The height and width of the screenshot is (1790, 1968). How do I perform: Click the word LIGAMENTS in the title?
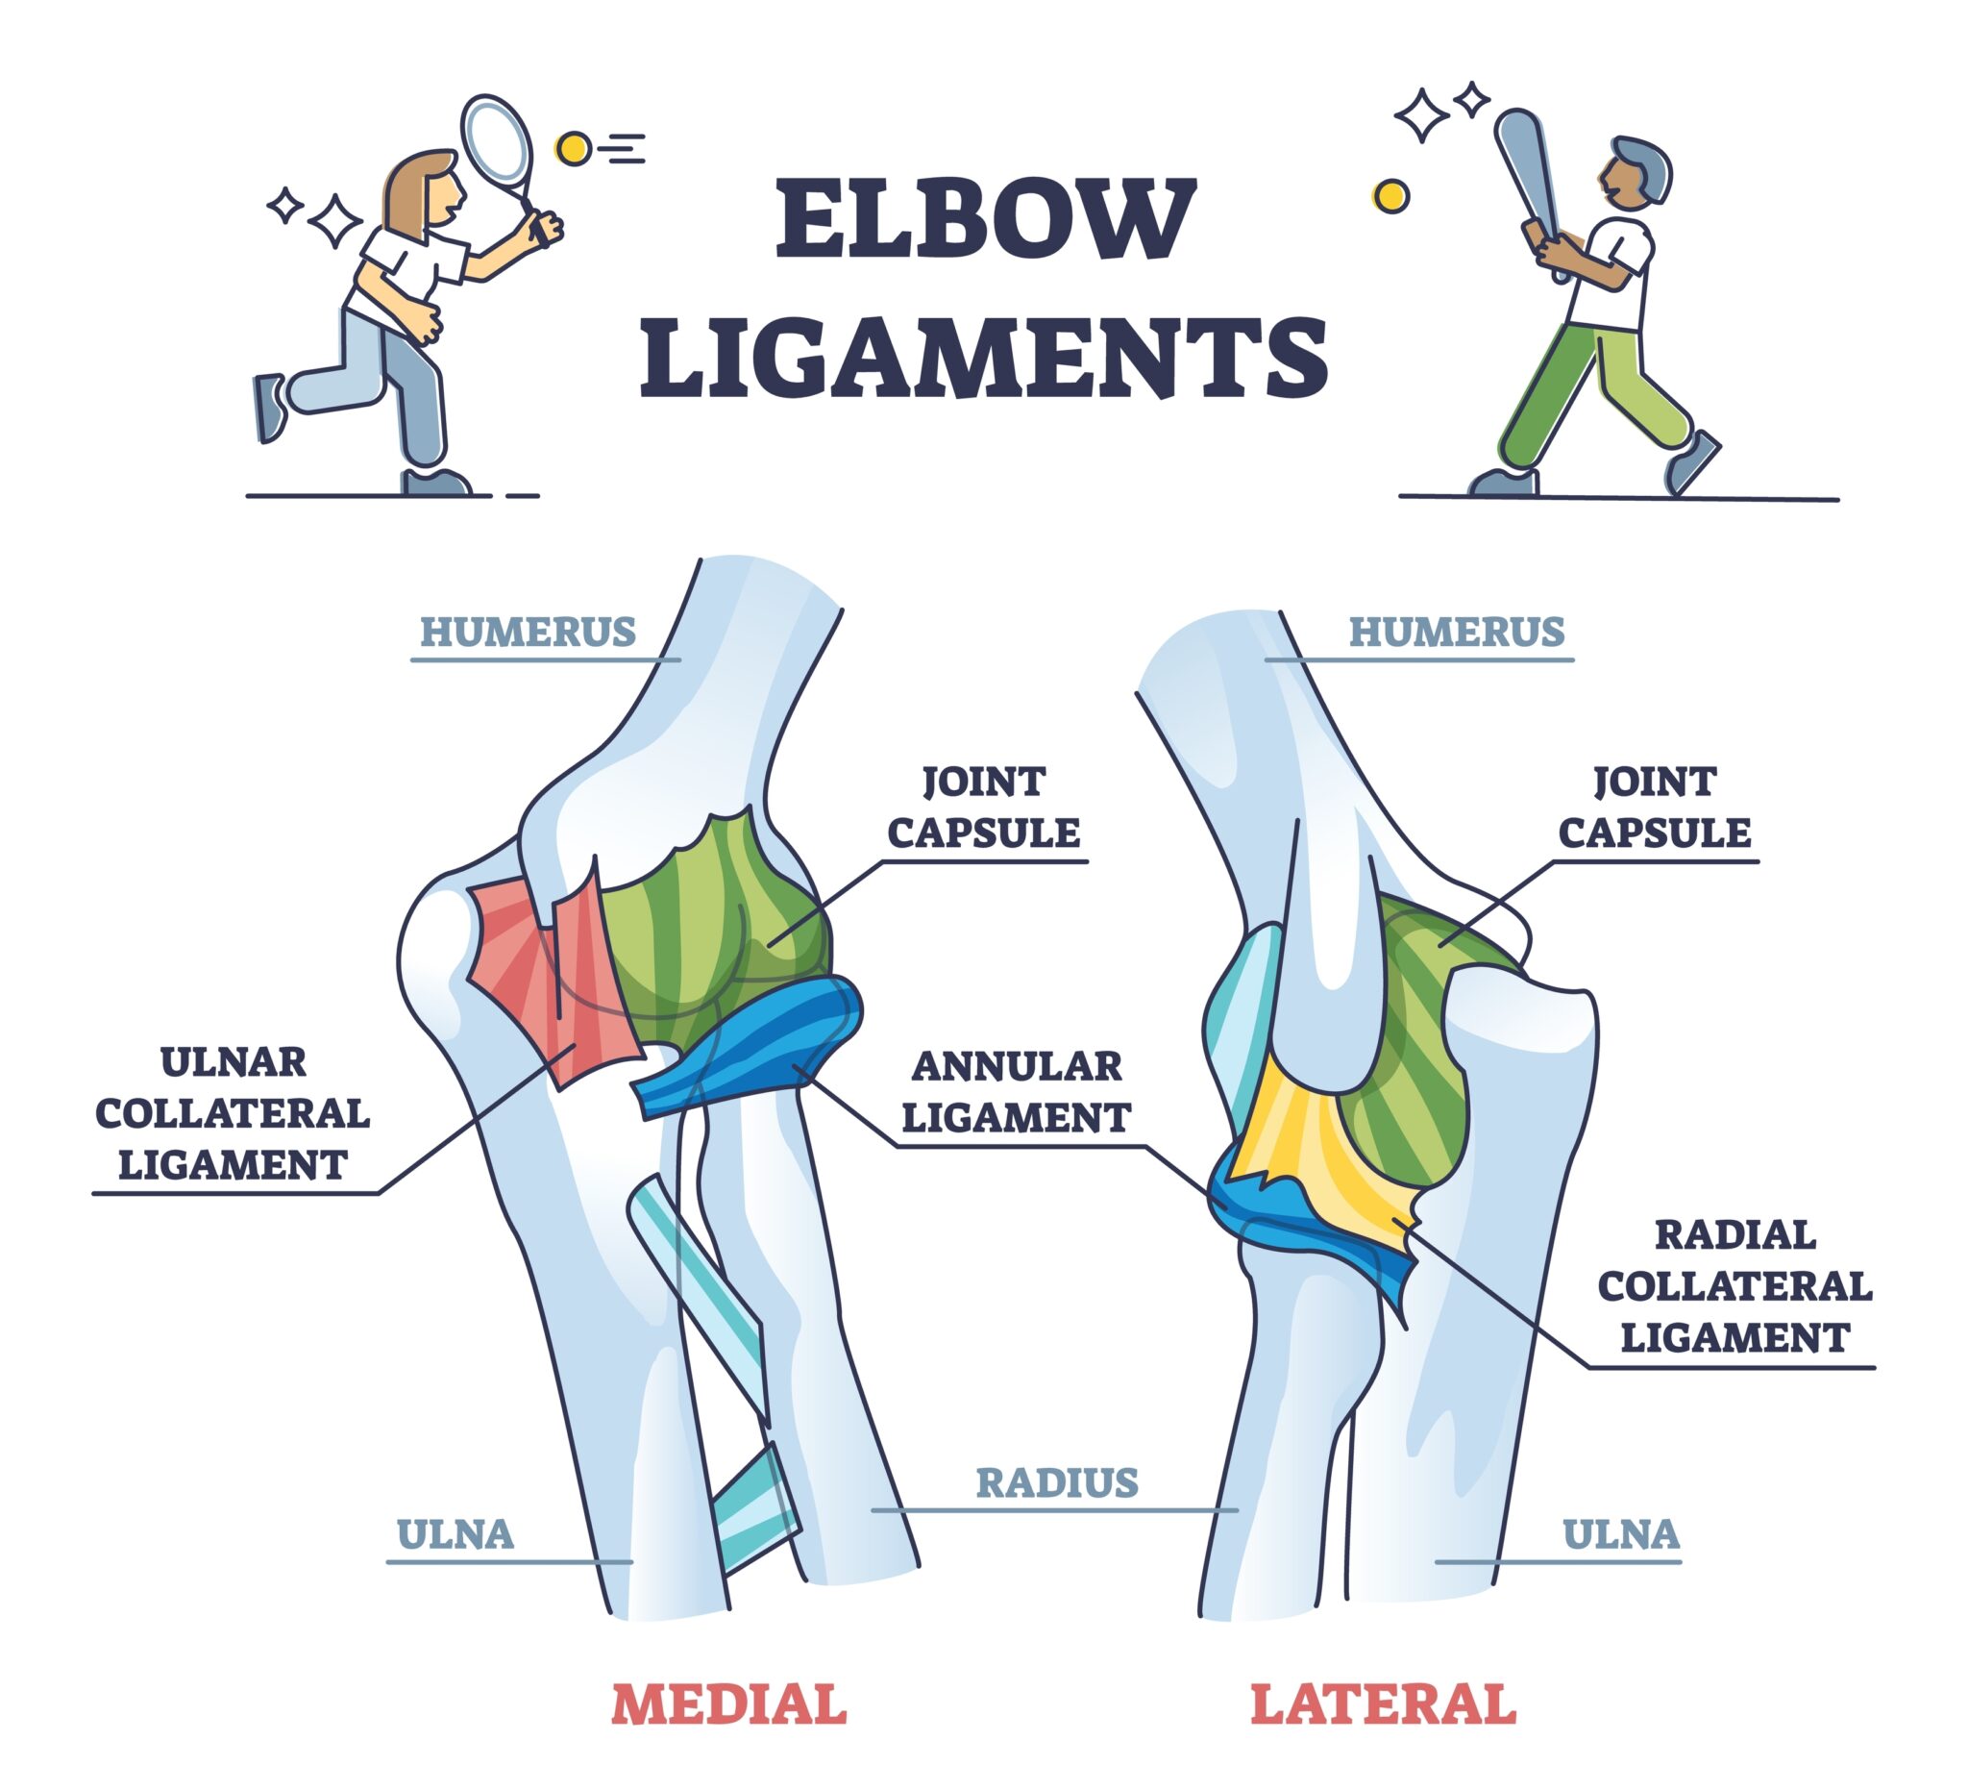click(984, 357)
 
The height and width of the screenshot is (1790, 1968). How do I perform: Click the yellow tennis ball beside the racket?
click(573, 148)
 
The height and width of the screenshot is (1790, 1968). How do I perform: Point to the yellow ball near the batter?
click(1390, 196)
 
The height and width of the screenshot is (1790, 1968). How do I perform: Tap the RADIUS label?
click(1057, 1482)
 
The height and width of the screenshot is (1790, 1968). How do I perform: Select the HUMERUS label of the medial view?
click(529, 633)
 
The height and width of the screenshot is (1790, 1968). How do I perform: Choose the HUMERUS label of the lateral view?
click(1457, 633)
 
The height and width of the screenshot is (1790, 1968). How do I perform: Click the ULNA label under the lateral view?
click(1620, 1534)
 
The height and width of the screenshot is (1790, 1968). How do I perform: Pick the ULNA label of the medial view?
click(455, 1534)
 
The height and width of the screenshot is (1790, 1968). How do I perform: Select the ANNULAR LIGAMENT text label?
click(1016, 1092)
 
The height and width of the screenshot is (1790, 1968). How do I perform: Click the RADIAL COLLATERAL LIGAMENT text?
click(1734, 1286)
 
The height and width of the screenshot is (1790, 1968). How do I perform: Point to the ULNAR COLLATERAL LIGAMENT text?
click(233, 1113)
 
